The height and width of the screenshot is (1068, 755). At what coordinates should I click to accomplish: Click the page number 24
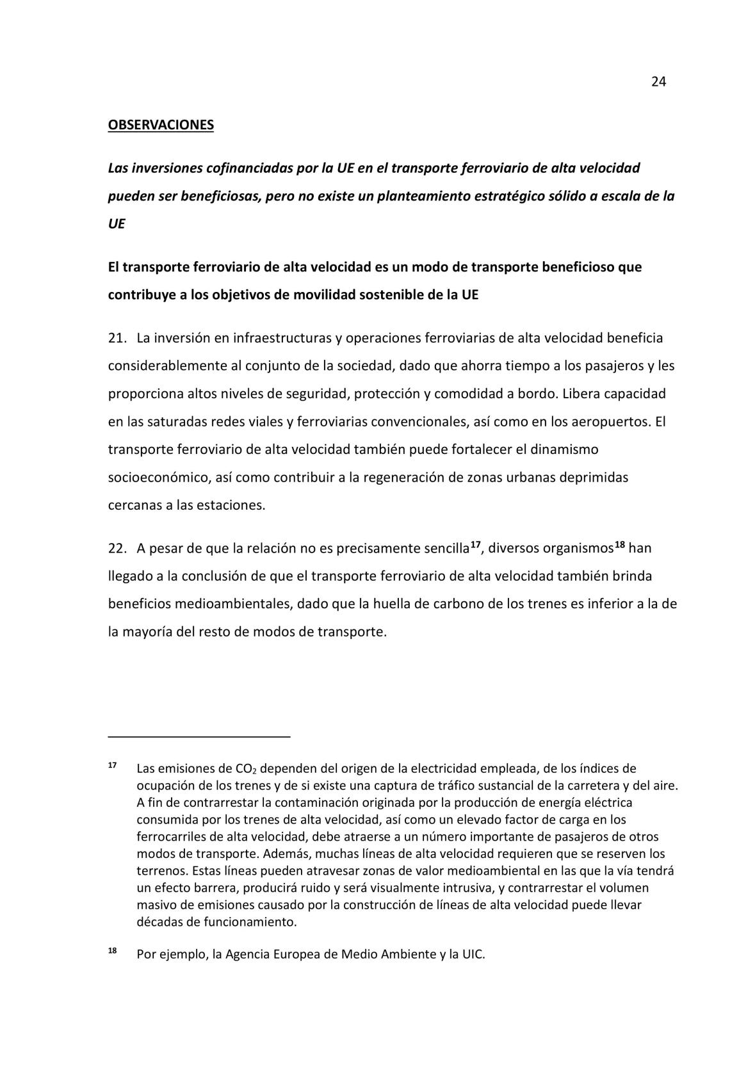pyautogui.click(x=659, y=81)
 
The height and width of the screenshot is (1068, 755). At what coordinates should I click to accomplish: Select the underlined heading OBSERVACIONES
pyautogui.click(x=161, y=125)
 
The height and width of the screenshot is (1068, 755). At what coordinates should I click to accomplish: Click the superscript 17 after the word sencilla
pyautogui.click(x=475, y=545)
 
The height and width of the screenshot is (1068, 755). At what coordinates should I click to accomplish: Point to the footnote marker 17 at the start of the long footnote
pyautogui.click(x=112, y=766)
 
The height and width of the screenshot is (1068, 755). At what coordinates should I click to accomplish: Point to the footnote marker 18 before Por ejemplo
pyautogui.click(x=112, y=950)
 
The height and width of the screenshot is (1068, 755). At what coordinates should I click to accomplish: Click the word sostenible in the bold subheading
pyautogui.click(x=391, y=295)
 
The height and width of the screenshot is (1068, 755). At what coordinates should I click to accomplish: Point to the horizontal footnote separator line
pyautogui.click(x=199, y=737)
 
